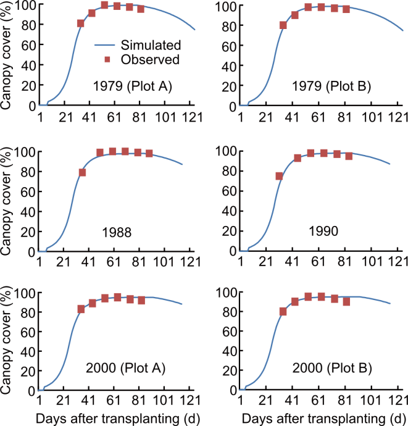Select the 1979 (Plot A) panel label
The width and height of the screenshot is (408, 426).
click(128, 86)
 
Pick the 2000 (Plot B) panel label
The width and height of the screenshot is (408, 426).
click(328, 370)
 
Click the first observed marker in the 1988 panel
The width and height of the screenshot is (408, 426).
click(83, 173)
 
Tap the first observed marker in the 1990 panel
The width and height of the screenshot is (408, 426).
click(279, 176)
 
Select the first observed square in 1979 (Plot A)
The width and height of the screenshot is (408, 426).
click(81, 23)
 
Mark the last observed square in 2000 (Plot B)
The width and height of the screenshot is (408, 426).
click(347, 301)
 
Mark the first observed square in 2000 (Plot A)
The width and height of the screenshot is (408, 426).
click(81, 309)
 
